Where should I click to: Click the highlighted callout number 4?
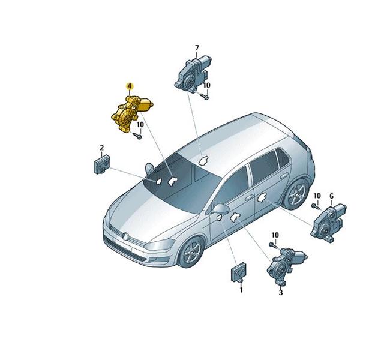129,86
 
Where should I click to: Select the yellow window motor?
131,113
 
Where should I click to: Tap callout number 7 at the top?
197,48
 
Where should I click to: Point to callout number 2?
101,148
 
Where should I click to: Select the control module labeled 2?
102,164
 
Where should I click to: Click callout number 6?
331,196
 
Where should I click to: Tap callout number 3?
281,292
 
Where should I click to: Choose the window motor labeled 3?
286,266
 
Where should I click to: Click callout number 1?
241,290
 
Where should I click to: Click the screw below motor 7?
204,97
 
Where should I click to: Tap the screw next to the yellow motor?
137,135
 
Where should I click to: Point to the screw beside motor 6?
316,206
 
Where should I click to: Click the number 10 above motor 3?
275,235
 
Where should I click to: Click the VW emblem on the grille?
125,236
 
